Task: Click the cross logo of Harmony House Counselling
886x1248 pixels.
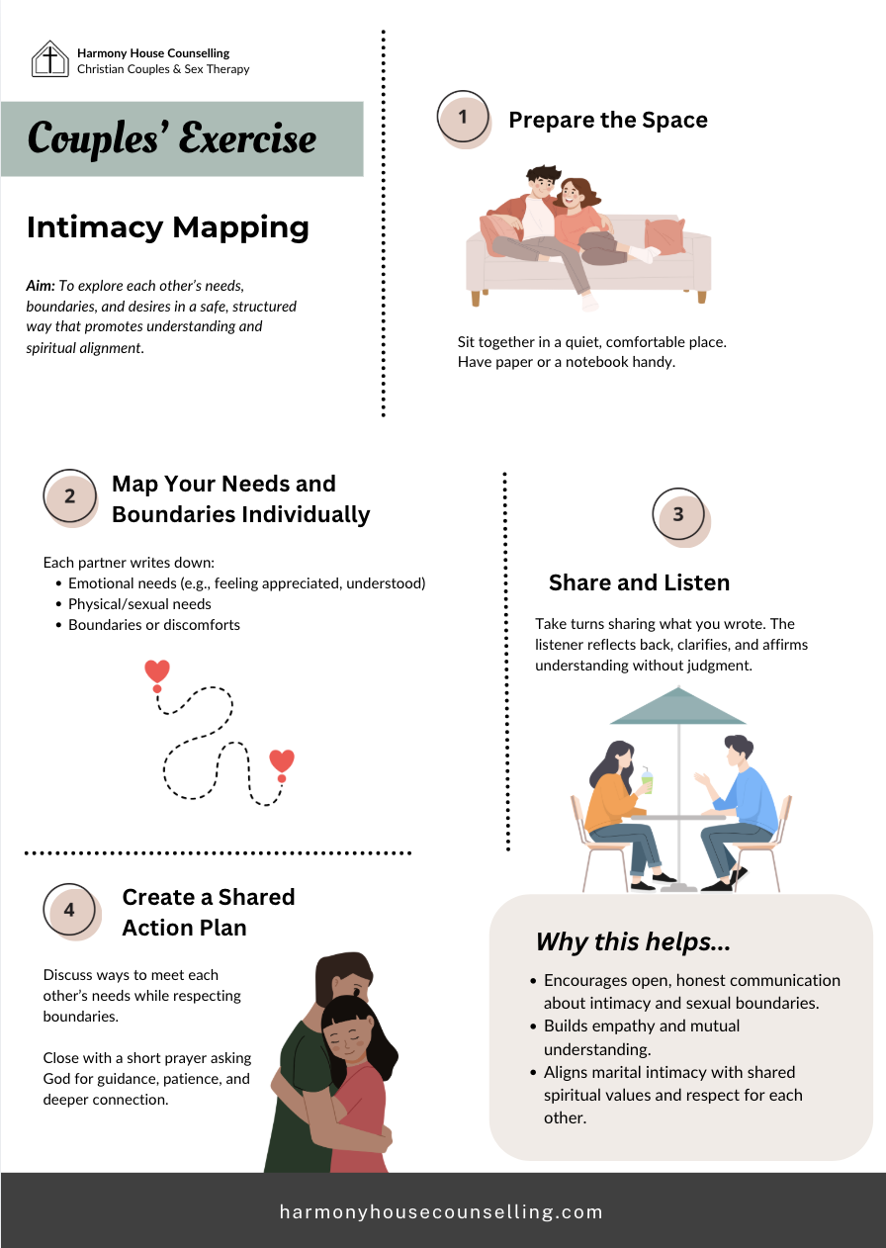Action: [49, 58]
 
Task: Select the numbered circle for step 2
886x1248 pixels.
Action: [70, 496]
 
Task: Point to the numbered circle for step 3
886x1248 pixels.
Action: [678, 514]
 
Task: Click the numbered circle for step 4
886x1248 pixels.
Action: [69, 910]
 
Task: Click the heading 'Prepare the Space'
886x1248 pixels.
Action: [607, 121]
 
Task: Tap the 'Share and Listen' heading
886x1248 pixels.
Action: [639, 582]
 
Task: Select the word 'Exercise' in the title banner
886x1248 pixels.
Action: [251, 138]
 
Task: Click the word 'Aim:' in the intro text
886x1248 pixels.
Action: [41, 285]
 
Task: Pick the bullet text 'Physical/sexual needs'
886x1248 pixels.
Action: [139, 603]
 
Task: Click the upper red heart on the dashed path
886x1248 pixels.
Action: [157, 671]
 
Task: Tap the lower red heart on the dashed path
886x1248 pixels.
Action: [282, 760]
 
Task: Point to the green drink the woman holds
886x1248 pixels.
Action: [647, 781]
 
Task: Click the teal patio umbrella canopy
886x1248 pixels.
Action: [677, 707]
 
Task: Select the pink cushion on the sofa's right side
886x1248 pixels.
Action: [664, 235]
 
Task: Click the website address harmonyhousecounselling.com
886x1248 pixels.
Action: [441, 1211]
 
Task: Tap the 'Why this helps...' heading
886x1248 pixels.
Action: [633, 942]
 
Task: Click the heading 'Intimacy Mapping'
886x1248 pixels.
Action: [168, 227]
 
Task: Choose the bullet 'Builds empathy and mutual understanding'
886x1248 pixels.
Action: [642, 1037]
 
